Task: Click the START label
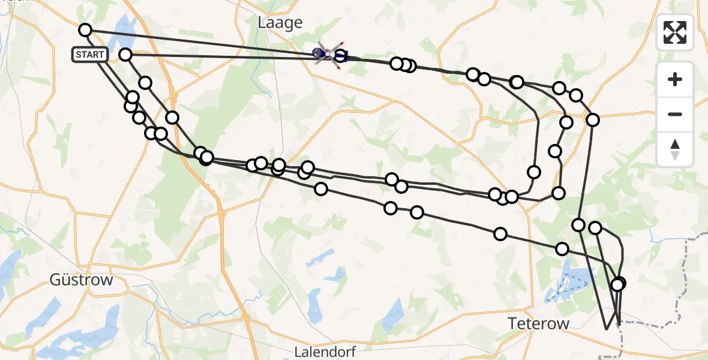pyautogui.click(x=90, y=55)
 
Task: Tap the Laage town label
pyautogui.click(x=280, y=23)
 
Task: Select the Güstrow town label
pyautogui.click(x=82, y=280)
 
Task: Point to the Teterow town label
pyautogui.click(x=538, y=323)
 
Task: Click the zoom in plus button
pyautogui.click(x=675, y=79)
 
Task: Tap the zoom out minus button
pyautogui.click(x=675, y=114)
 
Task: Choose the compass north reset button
pyautogui.click(x=675, y=149)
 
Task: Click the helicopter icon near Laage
pyautogui.click(x=327, y=55)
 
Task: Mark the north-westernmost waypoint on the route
pyautogui.click(x=85, y=30)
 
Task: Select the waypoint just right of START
pyautogui.click(x=125, y=55)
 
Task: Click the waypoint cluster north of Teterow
pyautogui.click(x=618, y=284)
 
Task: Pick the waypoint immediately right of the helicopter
pyautogui.click(x=340, y=56)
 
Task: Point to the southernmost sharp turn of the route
pyautogui.click(x=607, y=329)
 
